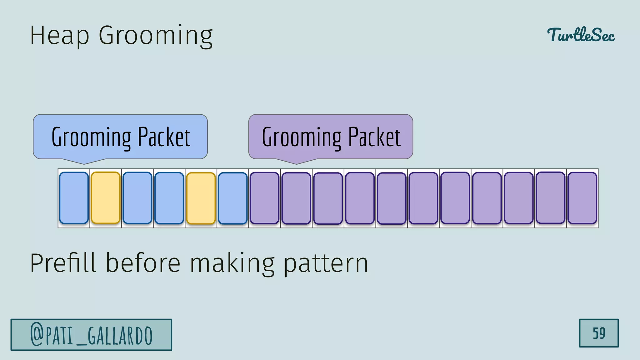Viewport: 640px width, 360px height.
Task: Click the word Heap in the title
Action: [x=59, y=36]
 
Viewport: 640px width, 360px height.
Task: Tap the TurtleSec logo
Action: [x=581, y=35]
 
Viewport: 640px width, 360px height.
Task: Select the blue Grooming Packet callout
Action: [x=120, y=137]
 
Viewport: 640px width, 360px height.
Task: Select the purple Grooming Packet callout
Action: [x=331, y=137]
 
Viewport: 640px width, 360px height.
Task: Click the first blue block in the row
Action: [x=74, y=198]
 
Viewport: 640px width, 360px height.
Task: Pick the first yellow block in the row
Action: [x=106, y=198]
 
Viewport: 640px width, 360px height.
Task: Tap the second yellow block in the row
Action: [x=201, y=198]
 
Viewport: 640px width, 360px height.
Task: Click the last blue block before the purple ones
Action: [x=233, y=198]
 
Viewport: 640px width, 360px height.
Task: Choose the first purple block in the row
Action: [x=264, y=198]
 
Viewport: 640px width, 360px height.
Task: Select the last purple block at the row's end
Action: [x=582, y=198]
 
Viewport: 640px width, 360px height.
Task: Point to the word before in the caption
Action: [x=143, y=263]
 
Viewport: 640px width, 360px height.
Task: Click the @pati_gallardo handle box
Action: [x=91, y=335]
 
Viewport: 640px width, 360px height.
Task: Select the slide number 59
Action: [x=599, y=333]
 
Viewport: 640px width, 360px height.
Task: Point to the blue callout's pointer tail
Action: [x=84, y=161]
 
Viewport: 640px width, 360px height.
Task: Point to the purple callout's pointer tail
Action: [x=296, y=161]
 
